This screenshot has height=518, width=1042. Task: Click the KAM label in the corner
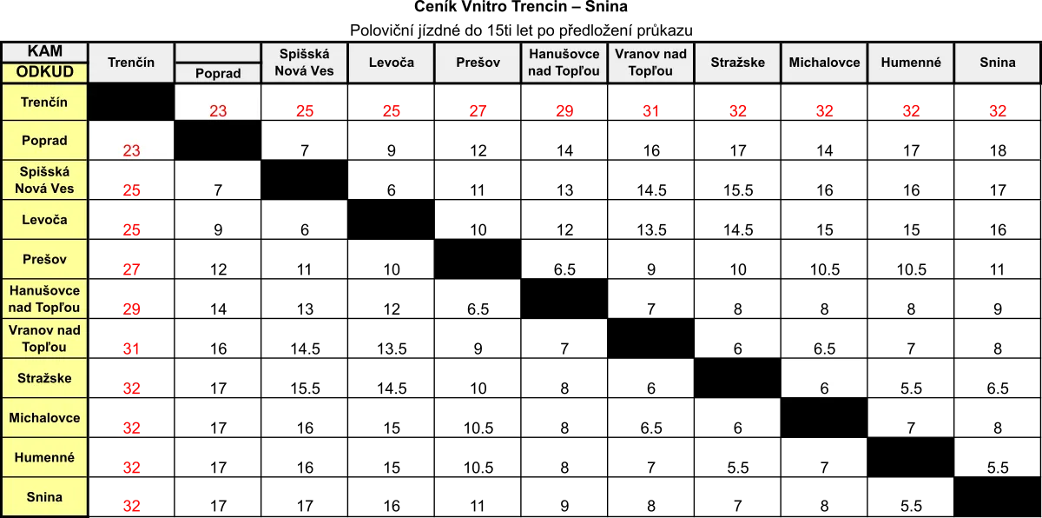44,50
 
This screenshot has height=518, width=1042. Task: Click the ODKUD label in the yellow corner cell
44,71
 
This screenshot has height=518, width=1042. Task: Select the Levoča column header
392,63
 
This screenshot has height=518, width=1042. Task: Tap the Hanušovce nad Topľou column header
564,63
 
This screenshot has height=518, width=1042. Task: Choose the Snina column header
998,63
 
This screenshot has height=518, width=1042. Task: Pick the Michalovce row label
44,417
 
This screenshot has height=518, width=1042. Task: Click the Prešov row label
44,259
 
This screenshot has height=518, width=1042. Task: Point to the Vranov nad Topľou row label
44,338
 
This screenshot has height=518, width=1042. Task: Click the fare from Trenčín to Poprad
218,110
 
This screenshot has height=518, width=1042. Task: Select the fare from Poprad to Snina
998,150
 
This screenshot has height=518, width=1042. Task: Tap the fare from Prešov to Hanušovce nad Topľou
564,269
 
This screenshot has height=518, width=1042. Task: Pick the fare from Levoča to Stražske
738,229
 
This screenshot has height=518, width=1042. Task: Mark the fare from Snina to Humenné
911,506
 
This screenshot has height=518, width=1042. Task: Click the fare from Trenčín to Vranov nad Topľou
650,110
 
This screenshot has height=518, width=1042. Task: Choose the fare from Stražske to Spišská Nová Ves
305,388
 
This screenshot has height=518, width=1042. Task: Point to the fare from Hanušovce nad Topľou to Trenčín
131,309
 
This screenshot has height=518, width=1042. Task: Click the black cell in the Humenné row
911,457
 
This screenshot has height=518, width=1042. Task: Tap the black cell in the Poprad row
218,140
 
